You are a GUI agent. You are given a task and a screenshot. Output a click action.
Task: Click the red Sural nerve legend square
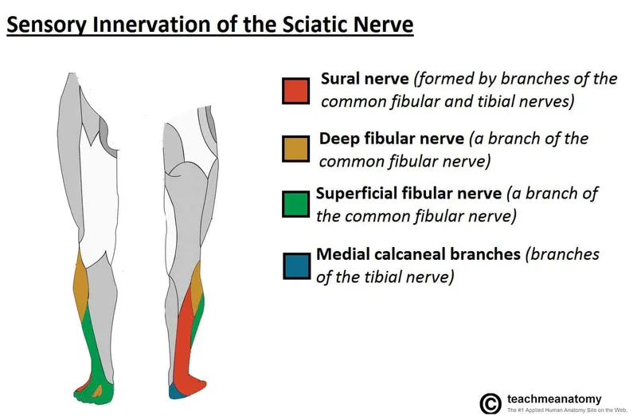pos(295,91)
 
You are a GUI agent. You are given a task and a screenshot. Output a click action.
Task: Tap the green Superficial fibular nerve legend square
pos(295,203)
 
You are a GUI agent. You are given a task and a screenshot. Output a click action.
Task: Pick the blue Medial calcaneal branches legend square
pos(295,265)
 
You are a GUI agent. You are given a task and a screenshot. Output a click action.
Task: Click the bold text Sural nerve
pos(365,79)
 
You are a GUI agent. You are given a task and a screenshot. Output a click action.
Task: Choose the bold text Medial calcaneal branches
pos(418,254)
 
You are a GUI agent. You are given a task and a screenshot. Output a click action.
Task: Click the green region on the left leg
pos(92,351)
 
